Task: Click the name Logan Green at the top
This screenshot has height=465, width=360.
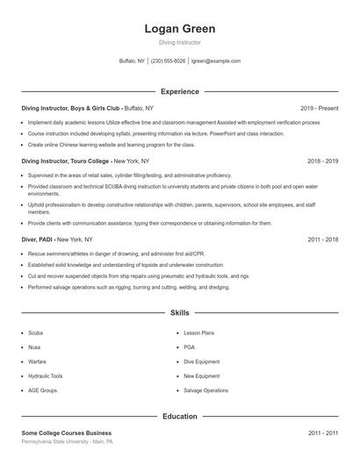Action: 180,29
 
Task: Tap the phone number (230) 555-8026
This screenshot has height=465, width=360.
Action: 169,61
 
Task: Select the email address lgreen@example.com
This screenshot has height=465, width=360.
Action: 216,61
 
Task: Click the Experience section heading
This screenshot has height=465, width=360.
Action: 180,91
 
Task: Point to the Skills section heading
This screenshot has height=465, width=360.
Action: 180,312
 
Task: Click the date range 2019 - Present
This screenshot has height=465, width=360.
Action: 319,108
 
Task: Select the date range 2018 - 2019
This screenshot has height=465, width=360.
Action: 323,161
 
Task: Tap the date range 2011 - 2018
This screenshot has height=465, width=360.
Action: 323,239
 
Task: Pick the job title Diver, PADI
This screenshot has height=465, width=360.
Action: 40,239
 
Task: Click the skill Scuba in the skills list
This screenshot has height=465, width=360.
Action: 35,333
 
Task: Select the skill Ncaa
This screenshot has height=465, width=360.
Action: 34,347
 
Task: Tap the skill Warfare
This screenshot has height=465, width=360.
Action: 37,361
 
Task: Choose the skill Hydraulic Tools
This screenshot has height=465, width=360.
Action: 46,376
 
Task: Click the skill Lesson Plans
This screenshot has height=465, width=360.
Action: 198,333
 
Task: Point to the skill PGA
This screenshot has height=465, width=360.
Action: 189,347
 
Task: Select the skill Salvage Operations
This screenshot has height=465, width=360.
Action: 205,390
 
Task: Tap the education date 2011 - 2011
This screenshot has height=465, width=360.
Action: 323,433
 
